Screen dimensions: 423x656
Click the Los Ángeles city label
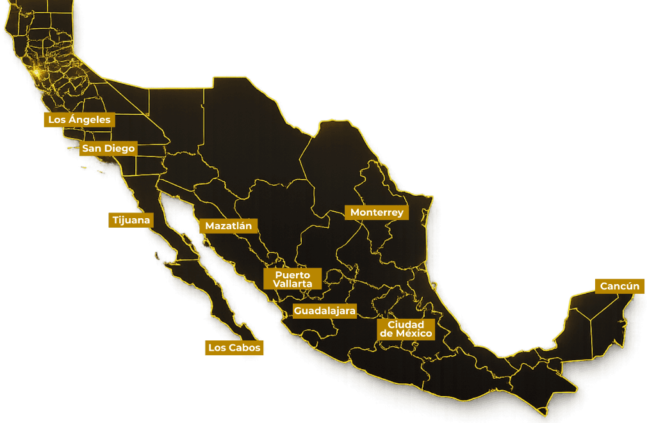79,120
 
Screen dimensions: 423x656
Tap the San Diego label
108,148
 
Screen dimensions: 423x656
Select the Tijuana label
131,220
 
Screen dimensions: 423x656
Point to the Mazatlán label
229,226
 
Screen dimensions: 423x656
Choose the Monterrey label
377,212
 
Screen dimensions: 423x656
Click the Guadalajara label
324,311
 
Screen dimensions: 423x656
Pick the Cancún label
619,286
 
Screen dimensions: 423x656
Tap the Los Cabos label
234,348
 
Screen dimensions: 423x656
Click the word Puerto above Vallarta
292,275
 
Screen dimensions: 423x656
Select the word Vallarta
292,283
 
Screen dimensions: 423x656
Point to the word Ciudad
406,324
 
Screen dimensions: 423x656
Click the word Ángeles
89,120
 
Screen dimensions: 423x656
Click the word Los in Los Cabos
216,348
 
